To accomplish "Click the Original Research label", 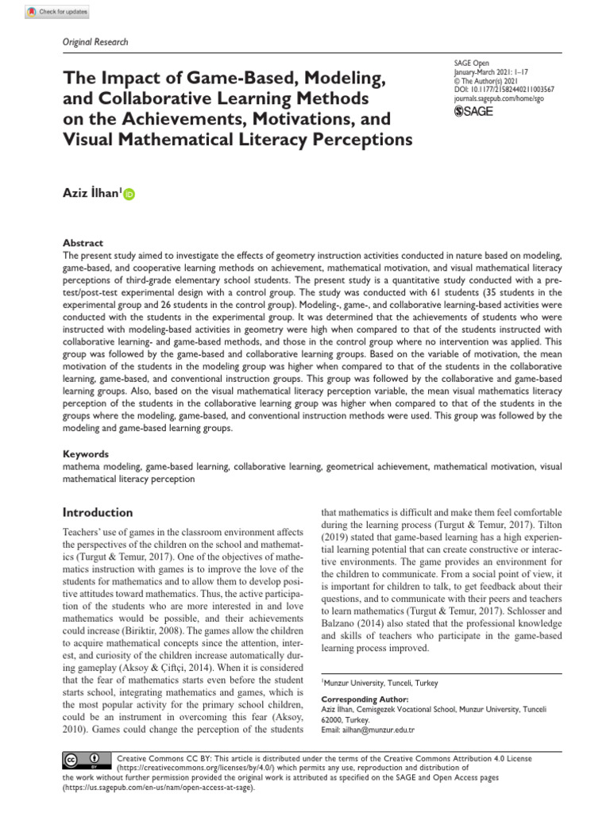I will (94, 42).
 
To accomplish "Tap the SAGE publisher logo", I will (473, 112).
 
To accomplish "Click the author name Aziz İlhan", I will (91, 193).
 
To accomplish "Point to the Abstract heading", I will (83, 243).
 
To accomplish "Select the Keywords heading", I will (86, 454).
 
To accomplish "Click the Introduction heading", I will (98, 513).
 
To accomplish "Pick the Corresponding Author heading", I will (360, 699).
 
